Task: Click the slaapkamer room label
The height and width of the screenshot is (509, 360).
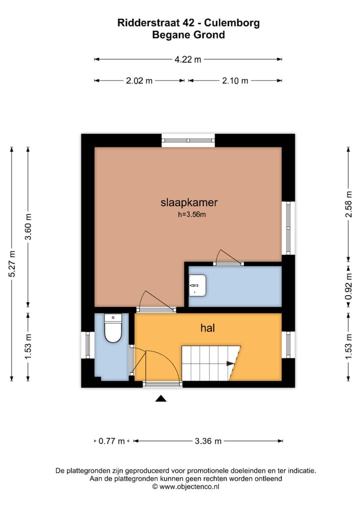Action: tap(189, 202)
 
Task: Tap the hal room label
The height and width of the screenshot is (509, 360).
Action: tap(207, 328)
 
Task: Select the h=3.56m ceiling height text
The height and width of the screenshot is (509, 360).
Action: tap(192, 214)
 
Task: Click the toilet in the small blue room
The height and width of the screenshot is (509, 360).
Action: tap(113, 328)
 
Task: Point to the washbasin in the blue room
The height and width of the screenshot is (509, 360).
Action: tap(197, 285)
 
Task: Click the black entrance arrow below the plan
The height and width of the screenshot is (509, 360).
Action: tap(160, 398)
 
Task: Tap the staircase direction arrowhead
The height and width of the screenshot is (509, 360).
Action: tap(230, 363)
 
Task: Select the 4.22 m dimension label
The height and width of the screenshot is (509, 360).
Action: tap(187, 59)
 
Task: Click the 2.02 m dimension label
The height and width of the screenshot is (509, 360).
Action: tap(139, 80)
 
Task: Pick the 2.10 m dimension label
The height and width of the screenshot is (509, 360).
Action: tap(235, 80)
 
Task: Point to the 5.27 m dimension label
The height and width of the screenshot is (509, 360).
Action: tap(12, 264)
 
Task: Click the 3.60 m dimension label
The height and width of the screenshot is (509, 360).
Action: tap(28, 226)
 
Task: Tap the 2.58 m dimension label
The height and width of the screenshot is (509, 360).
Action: tap(348, 204)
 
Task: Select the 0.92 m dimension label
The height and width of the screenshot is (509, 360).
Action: tap(348, 286)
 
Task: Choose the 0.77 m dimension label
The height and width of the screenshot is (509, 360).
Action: tap(111, 441)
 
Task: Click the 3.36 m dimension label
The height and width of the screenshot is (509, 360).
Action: tap(208, 441)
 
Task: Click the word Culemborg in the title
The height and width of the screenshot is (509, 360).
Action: tap(232, 23)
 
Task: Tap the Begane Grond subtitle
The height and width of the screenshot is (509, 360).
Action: tap(188, 34)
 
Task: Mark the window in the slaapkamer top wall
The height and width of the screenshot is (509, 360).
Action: tap(188, 140)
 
